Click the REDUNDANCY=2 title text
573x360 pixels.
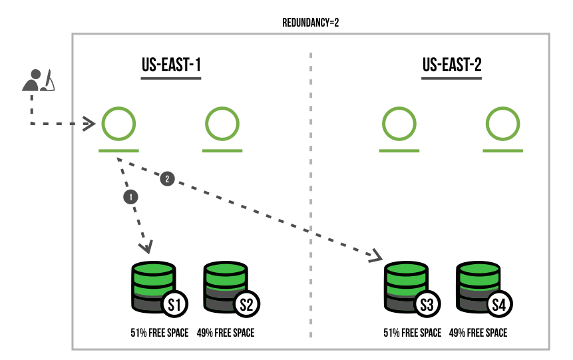(x=311, y=23)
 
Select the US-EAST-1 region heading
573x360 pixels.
(x=171, y=65)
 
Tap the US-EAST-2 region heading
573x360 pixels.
(x=452, y=65)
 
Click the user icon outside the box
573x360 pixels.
(x=37, y=80)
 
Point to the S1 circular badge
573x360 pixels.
(x=175, y=305)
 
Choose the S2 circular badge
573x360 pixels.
(x=246, y=305)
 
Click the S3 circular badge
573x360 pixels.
(x=427, y=305)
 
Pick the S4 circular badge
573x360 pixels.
(x=498, y=305)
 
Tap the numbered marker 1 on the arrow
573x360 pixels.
(x=131, y=196)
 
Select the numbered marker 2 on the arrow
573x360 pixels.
(x=167, y=178)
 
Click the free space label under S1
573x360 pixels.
(x=160, y=333)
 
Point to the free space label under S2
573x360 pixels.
(x=226, y=333)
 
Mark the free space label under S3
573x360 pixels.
(x=412, y=333)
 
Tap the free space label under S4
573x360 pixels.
(x=478, y=333)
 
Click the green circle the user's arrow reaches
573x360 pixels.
(x=118, y=123)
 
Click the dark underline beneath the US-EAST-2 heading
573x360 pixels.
(x=451, y=79)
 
